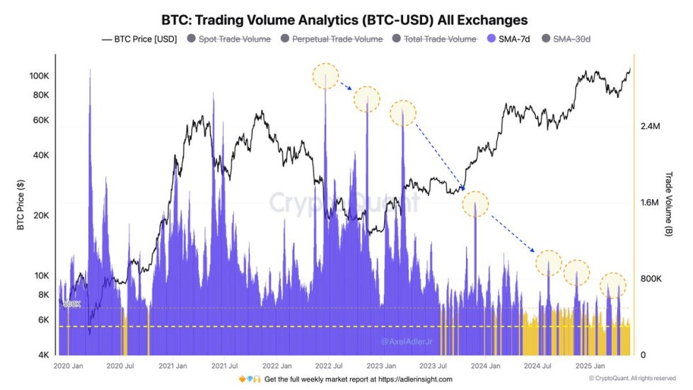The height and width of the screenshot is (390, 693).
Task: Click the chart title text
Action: (344, 19)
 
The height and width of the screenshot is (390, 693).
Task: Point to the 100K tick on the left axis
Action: (37, 76)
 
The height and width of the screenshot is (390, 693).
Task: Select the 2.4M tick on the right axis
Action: (650, 126)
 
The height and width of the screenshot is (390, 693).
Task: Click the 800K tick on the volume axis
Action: (650, 279)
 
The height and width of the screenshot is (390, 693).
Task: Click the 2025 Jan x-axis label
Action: (589, 367)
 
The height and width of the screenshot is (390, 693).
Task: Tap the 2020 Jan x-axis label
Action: (69, 367)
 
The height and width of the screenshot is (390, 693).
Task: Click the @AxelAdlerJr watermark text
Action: (408, 341)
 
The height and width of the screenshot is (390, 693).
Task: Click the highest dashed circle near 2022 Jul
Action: (326, 76)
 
